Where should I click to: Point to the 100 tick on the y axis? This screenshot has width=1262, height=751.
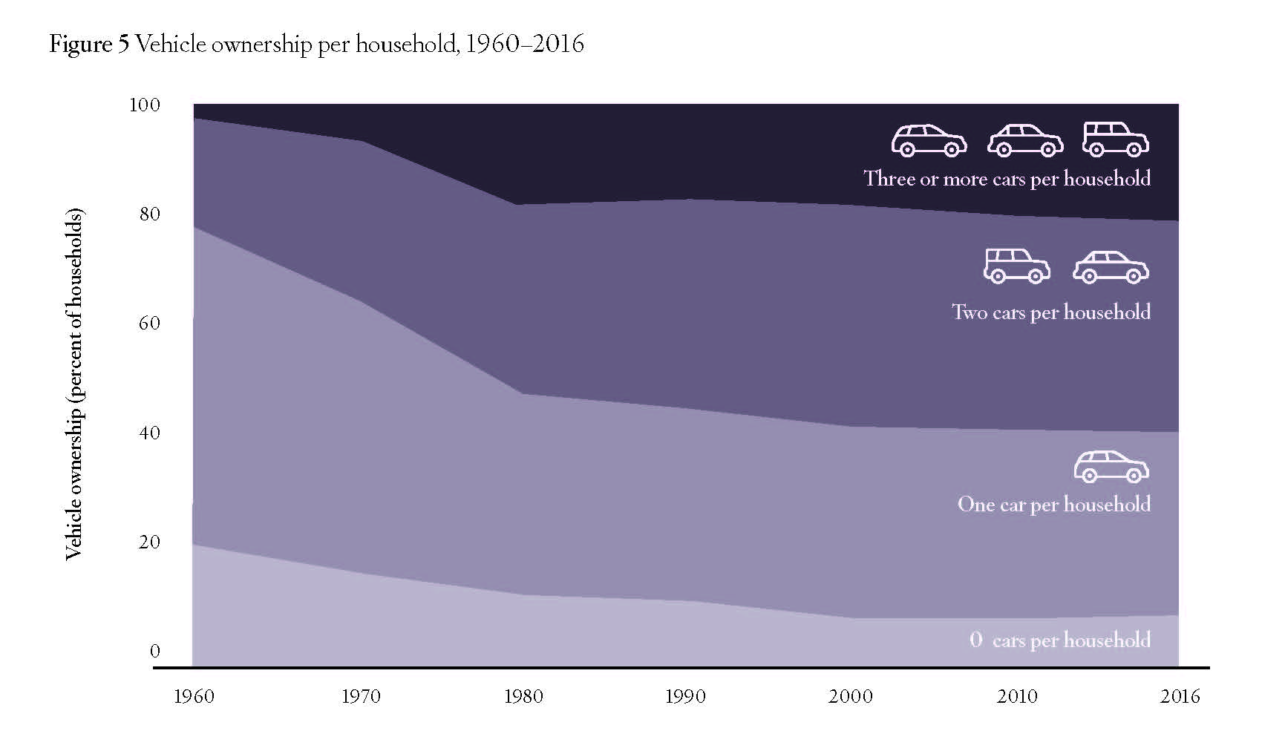[145, 105]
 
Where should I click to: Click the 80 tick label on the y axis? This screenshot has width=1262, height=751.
[149, 214]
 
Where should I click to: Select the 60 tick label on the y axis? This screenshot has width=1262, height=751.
[149, 324]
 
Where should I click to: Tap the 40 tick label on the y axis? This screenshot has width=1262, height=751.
[149, 433]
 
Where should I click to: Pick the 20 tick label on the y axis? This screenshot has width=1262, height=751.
[149, 542]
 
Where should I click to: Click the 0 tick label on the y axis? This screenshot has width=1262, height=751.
[154, 652]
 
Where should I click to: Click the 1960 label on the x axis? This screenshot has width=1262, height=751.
[193, 697]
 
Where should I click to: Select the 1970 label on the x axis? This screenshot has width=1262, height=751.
[361, 697]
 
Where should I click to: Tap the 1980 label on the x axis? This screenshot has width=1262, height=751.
[523, 697]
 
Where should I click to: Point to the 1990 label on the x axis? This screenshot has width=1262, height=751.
[686, 697]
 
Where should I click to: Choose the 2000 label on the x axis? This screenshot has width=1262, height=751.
[851, 697]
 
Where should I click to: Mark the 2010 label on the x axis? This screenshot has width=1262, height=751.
[1017, 697]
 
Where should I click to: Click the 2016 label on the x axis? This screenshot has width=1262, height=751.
[1179, 697]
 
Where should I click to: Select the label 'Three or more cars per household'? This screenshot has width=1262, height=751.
[1007, 179]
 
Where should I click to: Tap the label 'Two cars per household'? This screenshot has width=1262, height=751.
[1051, 312]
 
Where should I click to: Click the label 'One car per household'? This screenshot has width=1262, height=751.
[1054, 505]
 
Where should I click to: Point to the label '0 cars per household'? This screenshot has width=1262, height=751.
[1060, 640]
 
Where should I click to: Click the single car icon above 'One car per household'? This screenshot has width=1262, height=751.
[1111, 466]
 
